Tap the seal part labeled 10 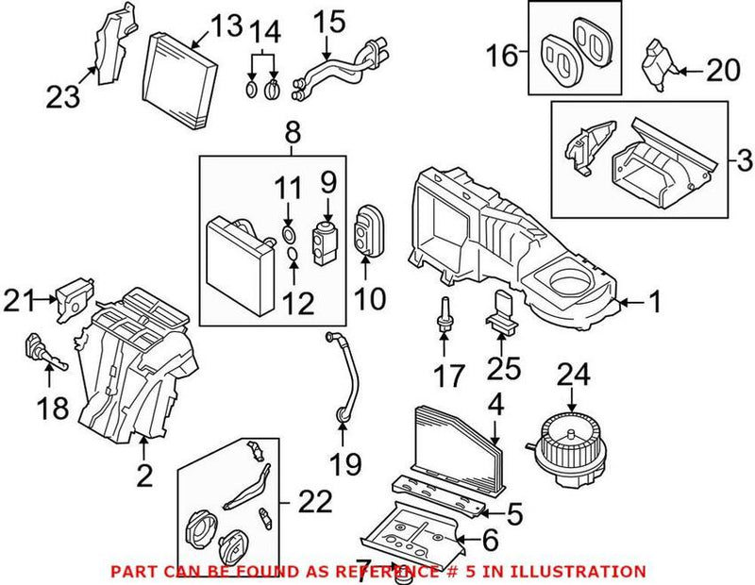coord(368,230)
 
